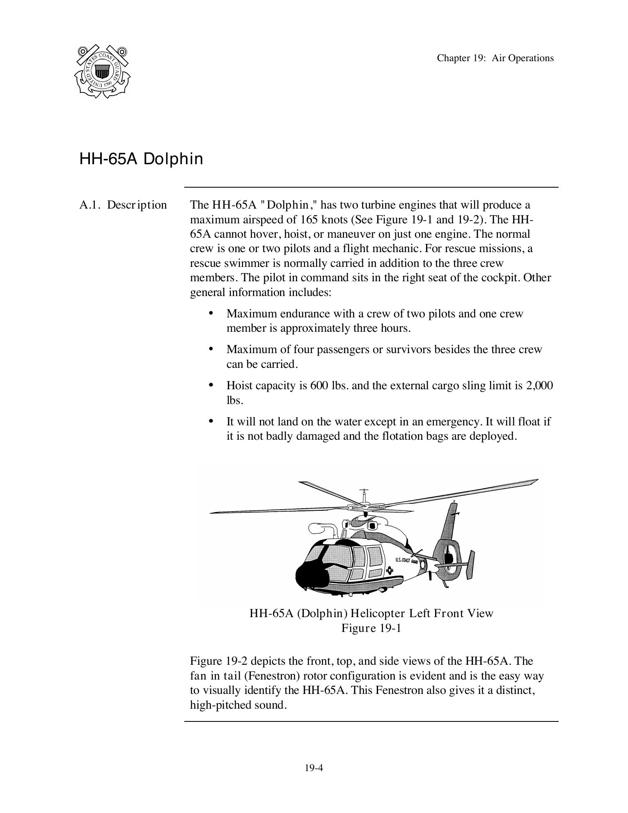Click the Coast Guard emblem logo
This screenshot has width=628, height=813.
pos(102,71)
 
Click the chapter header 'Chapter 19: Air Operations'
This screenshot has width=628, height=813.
pos(495,58)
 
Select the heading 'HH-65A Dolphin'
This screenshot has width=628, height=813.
pos(141,159)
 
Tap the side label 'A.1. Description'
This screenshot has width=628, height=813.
pos(123,205)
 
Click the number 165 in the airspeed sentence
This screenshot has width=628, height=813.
pos(309,220)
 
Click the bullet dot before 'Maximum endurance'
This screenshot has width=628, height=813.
pos(211,313)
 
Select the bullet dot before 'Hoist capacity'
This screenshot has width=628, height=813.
pos(211,385)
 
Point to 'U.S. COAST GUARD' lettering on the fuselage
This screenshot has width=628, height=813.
pos(407,560)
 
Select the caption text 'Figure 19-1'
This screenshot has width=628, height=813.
pos(371,628)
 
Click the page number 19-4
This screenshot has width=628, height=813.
pos(314,768)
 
